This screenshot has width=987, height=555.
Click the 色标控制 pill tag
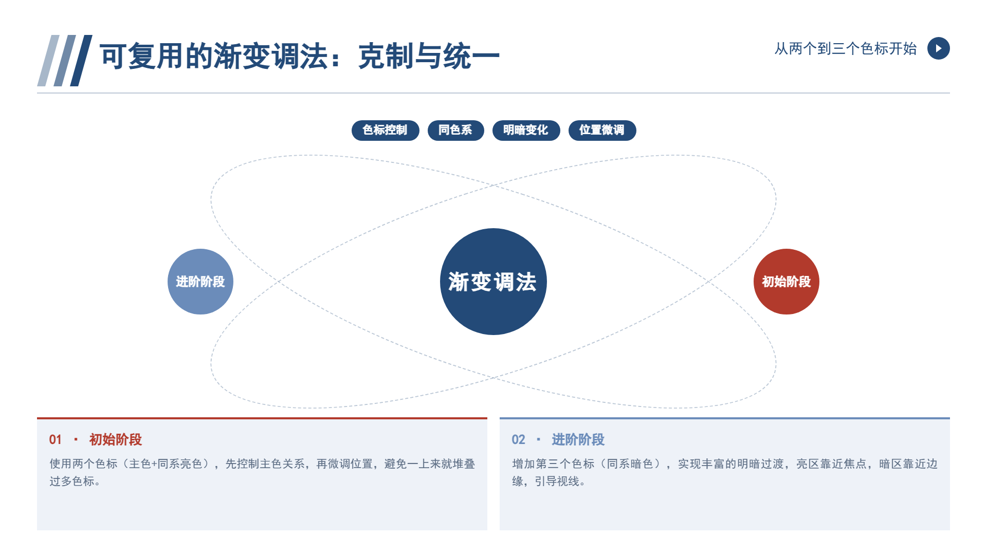click(x=385, y=130)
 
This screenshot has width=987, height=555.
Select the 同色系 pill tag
click(x=455, y=130)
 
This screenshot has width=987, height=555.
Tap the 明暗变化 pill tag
click(x=526, y=130)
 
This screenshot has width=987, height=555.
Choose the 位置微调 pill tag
click(x=602, y=130)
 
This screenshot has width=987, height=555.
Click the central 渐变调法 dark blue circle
click(x=493, y=282)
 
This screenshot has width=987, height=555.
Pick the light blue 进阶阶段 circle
click(x=200, y=282)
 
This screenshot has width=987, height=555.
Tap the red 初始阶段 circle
click(x=787, y=282)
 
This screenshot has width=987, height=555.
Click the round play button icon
click(x=939, y=48)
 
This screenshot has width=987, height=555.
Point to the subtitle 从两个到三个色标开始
click(x=846, y=49)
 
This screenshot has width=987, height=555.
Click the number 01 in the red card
click(x=56, y=440)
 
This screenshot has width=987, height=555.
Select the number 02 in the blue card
click(x=518, y=440)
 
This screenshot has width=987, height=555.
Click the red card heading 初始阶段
click(x=116, y=440)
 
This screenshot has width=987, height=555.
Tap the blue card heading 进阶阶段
click(x=578, y=440)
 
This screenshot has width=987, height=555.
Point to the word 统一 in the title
click(x=471, y=56)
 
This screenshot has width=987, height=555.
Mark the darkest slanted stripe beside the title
click(x=81, y=61)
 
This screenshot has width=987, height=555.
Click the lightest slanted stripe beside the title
click(x=49, y=61)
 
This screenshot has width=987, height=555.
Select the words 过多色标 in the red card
click(x=72, y=482)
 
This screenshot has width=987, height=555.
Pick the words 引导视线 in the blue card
click(x=557, y=482)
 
